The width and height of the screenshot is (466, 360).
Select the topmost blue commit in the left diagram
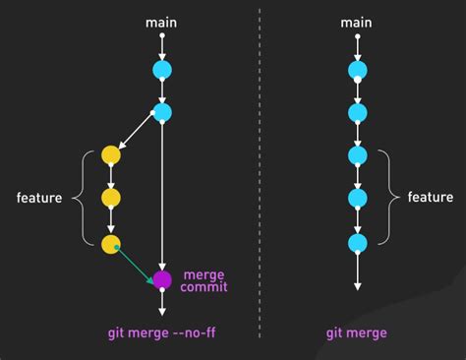[162, 70]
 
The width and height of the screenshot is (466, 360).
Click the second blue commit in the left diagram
[162, 113]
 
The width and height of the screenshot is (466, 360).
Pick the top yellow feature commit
[111, 155]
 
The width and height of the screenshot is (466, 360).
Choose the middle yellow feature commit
[111, 198]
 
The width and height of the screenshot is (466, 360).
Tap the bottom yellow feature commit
[111, 241]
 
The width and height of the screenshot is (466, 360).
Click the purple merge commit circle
[162, 279]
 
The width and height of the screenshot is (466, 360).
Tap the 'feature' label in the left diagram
[39, 198]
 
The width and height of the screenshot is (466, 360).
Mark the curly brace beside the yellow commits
[80, 198]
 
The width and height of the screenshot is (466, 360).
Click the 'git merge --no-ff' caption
[161, 333]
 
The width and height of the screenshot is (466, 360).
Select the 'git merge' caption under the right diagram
[357, 333]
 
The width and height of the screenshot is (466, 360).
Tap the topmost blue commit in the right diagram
[357, 70]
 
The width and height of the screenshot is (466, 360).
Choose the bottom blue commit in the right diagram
[357, 241]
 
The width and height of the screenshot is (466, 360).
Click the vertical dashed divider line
[261, 177]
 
